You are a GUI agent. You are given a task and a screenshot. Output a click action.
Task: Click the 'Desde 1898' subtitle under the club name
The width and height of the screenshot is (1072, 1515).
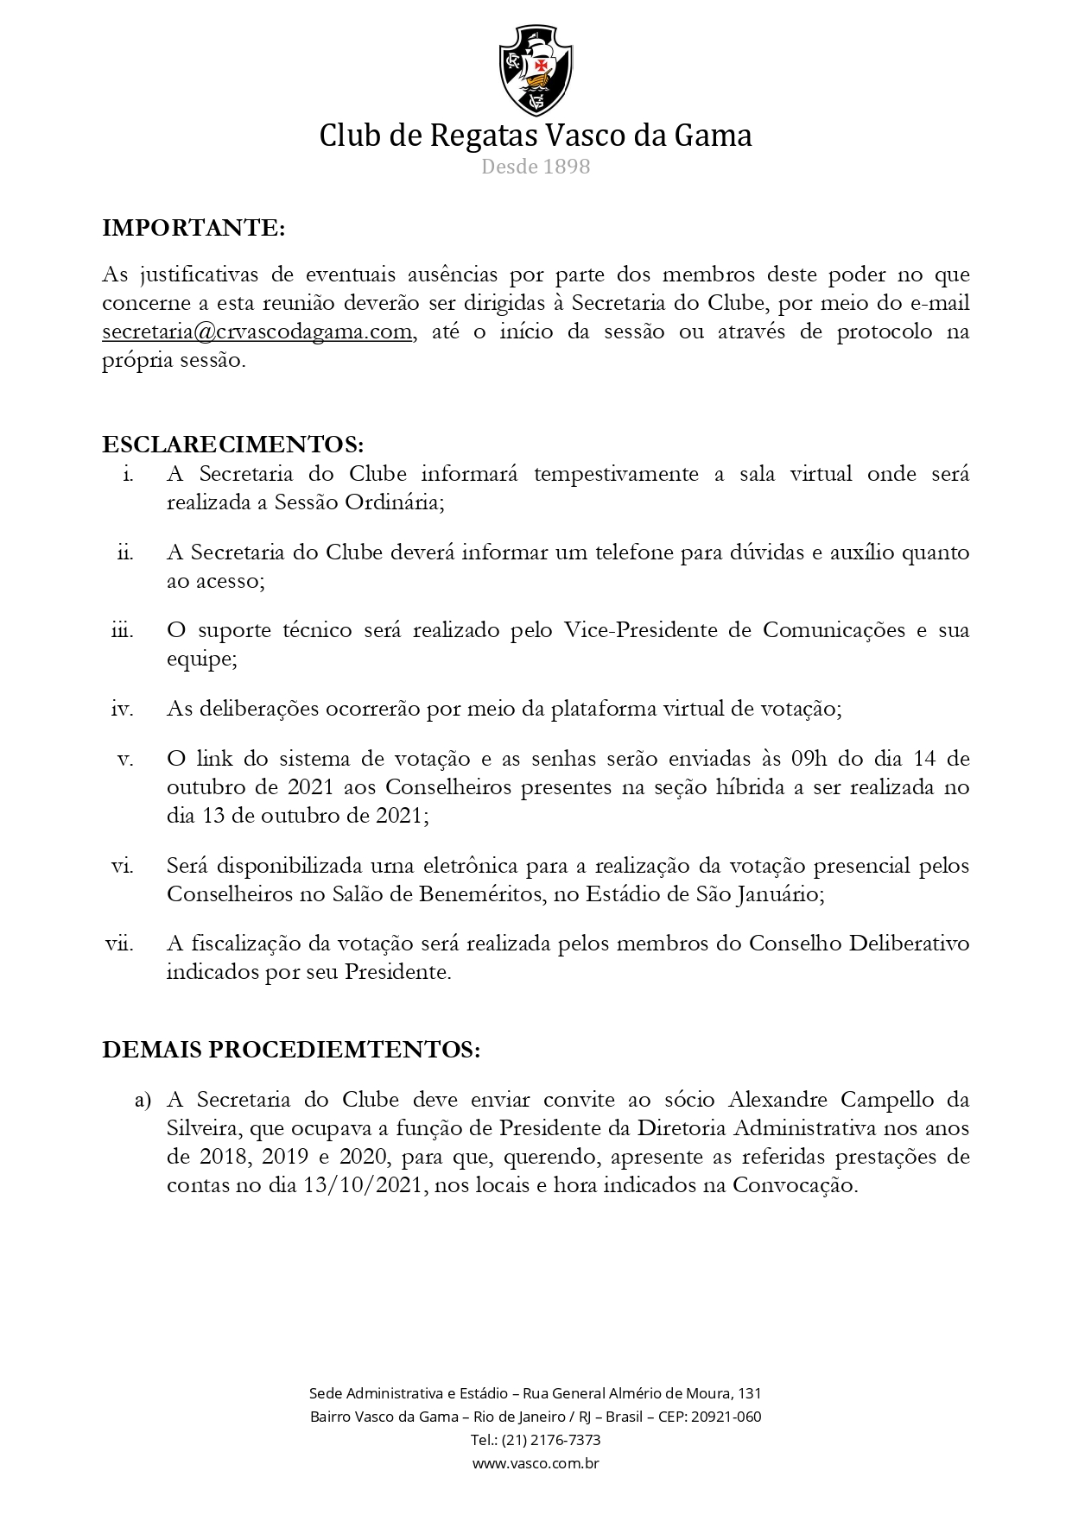(x=536, y=167)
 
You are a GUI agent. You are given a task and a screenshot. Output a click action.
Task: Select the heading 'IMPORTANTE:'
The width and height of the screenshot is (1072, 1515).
(x=193, y=228)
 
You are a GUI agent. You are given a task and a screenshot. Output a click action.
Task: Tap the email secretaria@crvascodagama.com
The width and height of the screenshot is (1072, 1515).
(x=257, y=332)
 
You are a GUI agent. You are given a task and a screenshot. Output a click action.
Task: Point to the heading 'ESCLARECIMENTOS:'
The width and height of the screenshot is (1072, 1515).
(x=233, y=445)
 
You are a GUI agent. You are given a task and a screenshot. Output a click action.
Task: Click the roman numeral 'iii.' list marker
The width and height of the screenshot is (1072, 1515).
(x=123, y=631)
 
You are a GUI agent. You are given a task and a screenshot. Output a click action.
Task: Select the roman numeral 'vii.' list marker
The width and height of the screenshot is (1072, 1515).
(x=120, y=944)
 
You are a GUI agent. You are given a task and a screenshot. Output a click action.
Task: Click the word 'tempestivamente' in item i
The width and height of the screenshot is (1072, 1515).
(x=616, y=475)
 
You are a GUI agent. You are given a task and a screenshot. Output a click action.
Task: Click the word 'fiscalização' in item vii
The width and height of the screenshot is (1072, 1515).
(x=247, y=944)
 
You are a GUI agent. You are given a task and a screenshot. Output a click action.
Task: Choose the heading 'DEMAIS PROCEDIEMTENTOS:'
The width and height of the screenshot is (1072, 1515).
(x=291, y=1050)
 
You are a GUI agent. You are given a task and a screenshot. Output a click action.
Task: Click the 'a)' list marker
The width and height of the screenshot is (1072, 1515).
(x=143, y=1101)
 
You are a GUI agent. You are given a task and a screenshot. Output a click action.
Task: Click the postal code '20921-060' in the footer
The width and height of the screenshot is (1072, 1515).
(x=727, y=1417)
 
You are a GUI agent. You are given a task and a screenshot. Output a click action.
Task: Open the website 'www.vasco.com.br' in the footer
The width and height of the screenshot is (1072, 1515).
(x=536, y=1463)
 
